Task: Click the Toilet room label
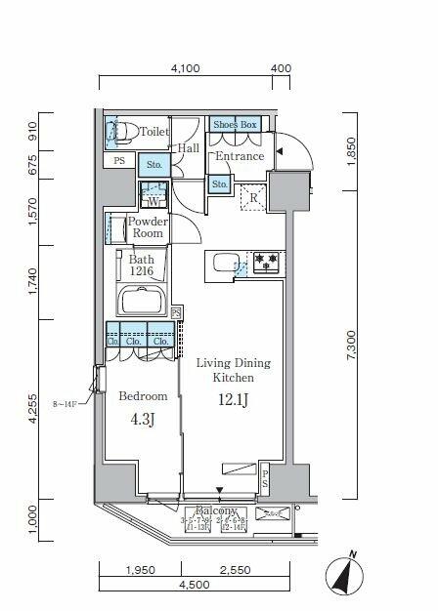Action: click(154, 132)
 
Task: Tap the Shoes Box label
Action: click(235, 125)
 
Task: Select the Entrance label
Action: click(240, 156)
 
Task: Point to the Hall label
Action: click(188, 148)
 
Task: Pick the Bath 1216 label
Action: click(143, 266)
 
